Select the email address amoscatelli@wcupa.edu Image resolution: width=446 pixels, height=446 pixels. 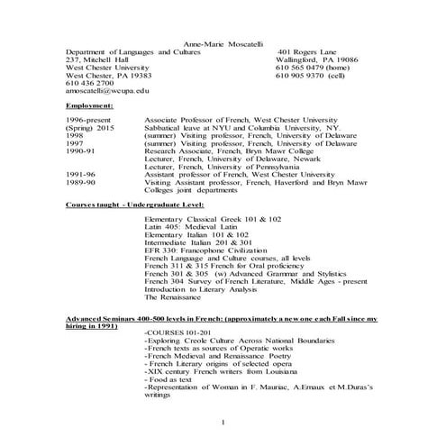pyautogui.click(x=107, y=92)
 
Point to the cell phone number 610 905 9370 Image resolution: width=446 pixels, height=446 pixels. pyautogui.click(x=312, y=76)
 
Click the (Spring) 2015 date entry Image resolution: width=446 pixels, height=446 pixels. pyautogui.click(x=89, y=126)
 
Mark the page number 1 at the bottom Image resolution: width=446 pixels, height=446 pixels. pyautogui.click(x=222, y=423)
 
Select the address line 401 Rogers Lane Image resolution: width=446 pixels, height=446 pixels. pyautogui.click(x=307, y=51)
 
